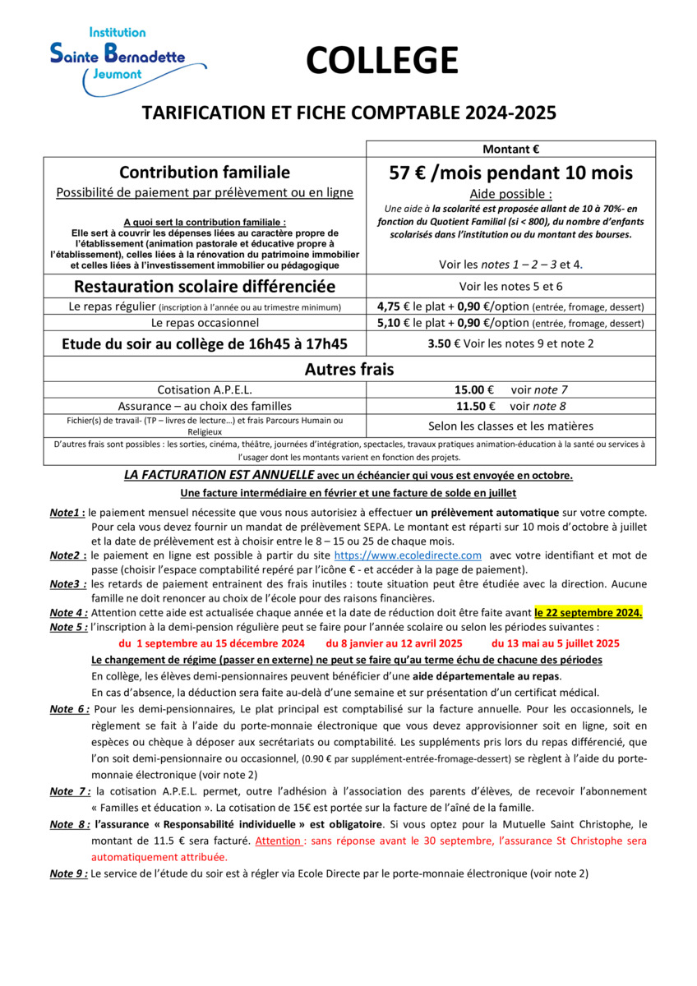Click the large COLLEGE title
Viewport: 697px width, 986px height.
tap(382, 61)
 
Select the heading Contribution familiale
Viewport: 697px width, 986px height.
tap(205, 173)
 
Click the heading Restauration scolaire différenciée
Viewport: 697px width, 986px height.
tap(205, 287)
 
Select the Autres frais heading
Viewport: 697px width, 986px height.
tap(349, 370)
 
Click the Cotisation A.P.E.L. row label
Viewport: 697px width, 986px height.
tap(205, 389)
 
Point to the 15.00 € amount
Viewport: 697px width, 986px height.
tap(474, 389)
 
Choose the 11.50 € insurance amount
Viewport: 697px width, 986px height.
tap(474, 406)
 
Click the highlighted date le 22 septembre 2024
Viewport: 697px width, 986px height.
tap(588, 613)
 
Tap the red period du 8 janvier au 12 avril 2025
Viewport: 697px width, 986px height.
tap(395, 643)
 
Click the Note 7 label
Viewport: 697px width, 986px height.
tap(70, 791)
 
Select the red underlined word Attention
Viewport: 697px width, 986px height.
tap(278, 841)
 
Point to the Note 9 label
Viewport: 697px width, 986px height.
tap(68, 873)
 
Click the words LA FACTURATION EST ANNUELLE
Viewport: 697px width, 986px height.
tap(219, 475)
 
